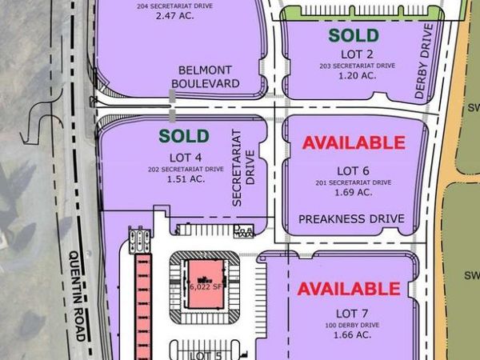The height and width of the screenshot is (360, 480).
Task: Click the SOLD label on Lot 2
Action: click(353, 35)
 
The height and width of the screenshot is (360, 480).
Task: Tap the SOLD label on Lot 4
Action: click(183, 136)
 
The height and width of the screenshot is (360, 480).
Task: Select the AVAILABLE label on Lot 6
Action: click(353, 143)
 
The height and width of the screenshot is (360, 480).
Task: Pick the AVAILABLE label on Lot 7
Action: click(349, 288)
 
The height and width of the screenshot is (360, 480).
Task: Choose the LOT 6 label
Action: click(352, 171)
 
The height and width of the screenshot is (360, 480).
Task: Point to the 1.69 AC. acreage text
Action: click(352, 193)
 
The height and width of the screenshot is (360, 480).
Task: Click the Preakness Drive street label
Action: click(351, 218)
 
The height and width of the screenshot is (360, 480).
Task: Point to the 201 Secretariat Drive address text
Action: click(352, 182)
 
